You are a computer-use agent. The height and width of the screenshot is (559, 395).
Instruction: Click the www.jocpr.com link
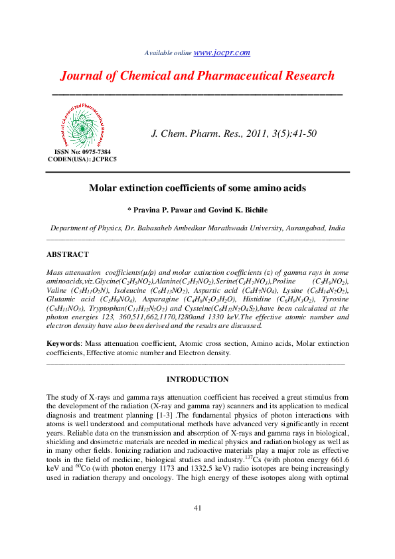(x=222, y=52)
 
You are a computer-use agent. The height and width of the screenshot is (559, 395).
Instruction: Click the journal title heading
(x=197, y=76)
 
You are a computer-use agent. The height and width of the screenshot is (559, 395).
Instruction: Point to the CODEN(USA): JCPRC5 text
(x=82, y=159)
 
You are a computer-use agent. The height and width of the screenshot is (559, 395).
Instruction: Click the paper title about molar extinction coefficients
(x=197, y=189)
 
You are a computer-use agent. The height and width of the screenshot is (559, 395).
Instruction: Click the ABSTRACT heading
(x=67, y=254)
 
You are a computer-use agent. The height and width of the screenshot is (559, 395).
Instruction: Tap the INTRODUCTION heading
(x=197, y=380)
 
